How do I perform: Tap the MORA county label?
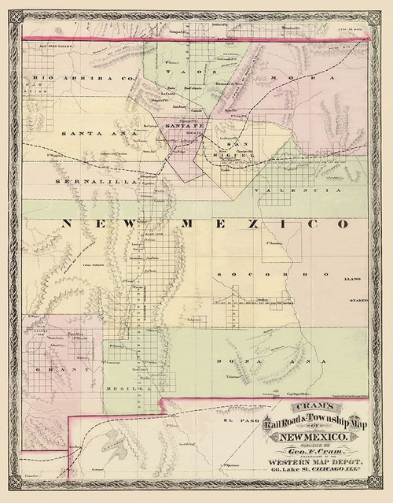coord(285,79)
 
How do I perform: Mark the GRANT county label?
coord(53,368)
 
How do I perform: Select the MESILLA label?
coord(128,389)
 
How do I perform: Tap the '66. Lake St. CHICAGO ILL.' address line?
coord(312,472)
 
